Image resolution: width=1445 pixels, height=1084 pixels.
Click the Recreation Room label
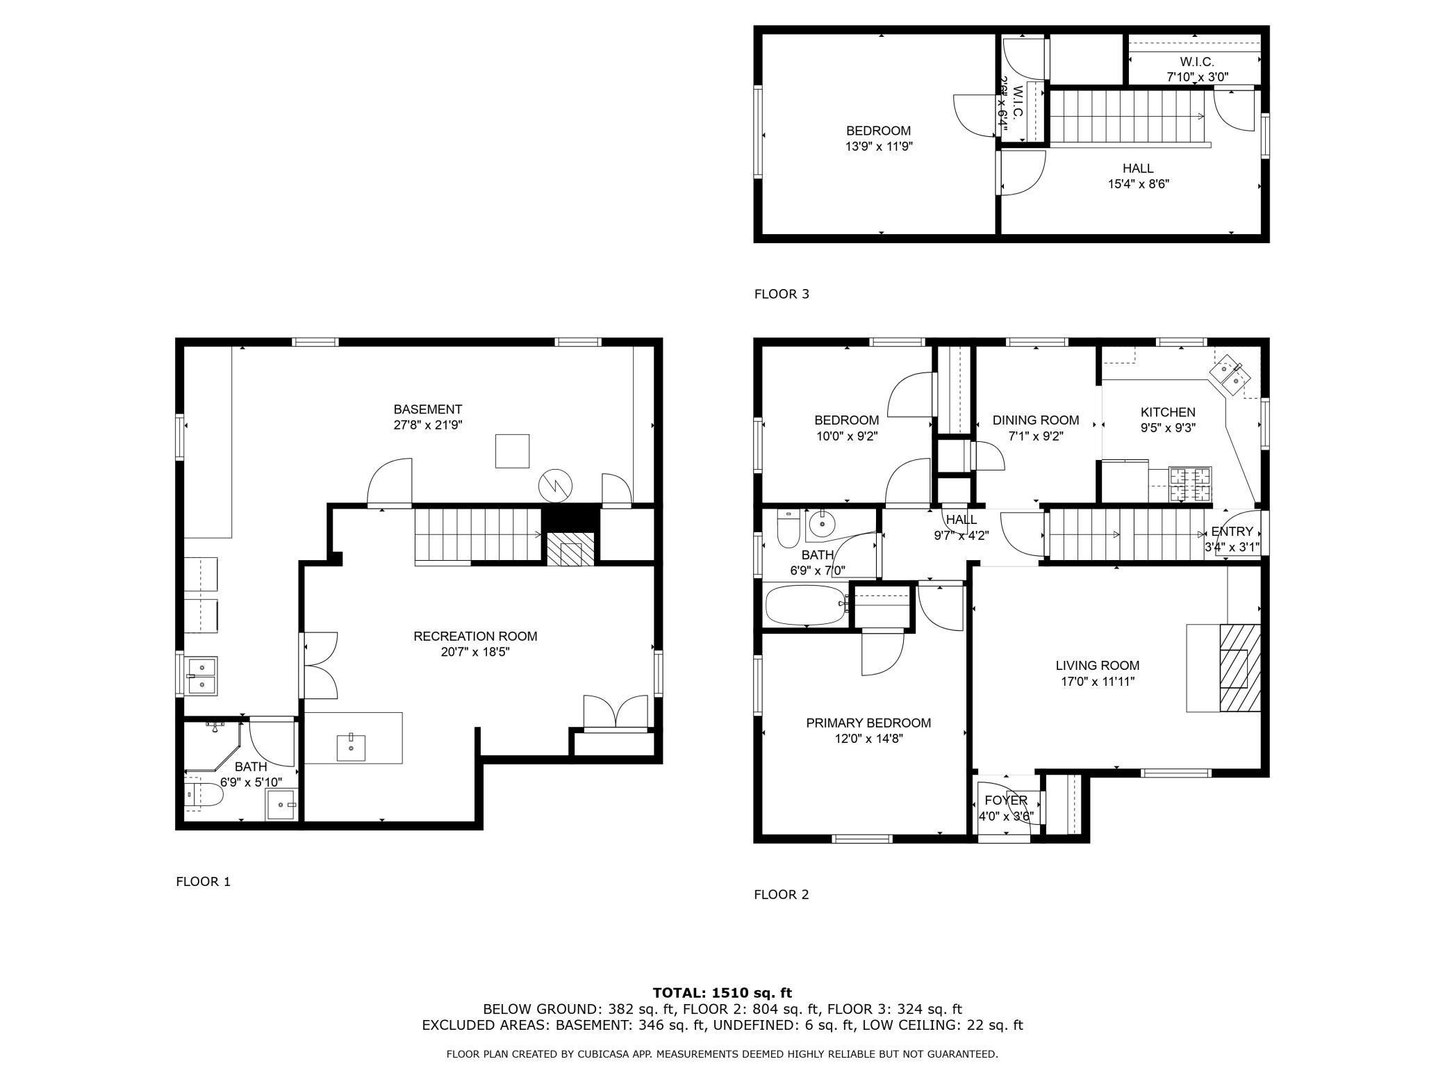pos(475,636)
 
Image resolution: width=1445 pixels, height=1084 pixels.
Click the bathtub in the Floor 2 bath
pos(805,605)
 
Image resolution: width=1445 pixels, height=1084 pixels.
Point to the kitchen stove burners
pos(1190,485)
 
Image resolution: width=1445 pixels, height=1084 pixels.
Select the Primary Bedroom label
pos(868,723)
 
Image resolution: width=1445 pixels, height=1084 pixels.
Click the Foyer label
pos(1005,800)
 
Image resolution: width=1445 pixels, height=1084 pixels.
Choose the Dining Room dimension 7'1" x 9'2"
pos(1035,436)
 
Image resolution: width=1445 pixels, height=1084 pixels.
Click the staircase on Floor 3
pos(1125,116)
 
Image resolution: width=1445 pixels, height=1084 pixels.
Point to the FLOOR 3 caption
pos(782,294)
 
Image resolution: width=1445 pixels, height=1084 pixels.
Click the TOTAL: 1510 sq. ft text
pos(722,993)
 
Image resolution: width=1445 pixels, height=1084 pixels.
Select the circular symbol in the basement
pos(556,484)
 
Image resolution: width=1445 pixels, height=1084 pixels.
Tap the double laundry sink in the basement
pos(201,675)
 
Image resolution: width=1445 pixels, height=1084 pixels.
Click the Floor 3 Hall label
pos(1138,168)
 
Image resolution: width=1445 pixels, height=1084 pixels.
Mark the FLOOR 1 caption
pos(203,882)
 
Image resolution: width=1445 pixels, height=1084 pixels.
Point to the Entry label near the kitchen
pos(1232,532)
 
